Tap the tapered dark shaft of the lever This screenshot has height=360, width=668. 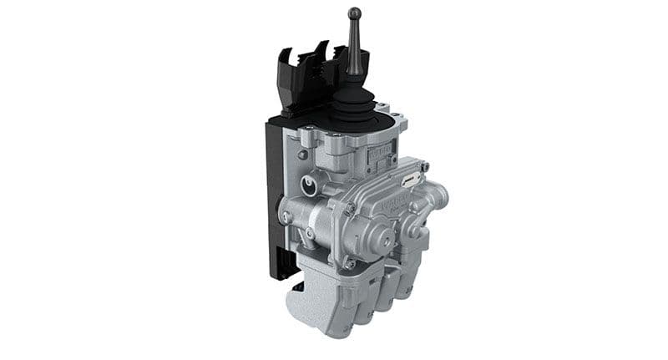[355, 50]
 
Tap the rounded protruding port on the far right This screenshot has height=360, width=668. [439, 196]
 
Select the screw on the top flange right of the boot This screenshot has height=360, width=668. [385, 108]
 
